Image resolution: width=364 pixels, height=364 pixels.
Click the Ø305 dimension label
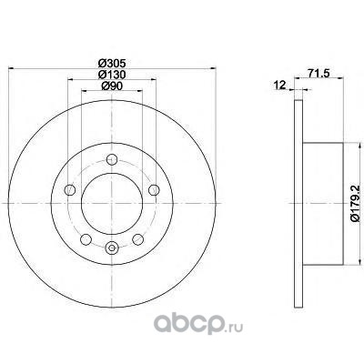pyautogui.click(x=112, y=64)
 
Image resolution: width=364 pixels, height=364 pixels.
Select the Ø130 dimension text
pyautogui.click(x=112, y=75)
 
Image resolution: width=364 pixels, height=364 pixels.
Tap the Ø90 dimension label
pyautogui.click(x=112, y=86)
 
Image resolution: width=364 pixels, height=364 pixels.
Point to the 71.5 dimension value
pyautogui.click(x=318, y=74)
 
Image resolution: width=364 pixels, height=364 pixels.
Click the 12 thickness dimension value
pyautogui.click(x=279, y=86)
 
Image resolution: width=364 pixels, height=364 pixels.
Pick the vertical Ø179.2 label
pyautogui.click(x=356, y=203)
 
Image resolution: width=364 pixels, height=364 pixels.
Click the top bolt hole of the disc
pyautogui.click(x=112, y=159)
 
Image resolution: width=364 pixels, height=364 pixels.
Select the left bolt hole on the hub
pyautogui.click(x=70, y=190)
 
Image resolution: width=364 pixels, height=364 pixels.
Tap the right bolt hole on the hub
pyautogui.click(x=154, y=190)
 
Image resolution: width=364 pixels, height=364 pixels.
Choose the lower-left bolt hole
pyautogui.click(x=86, y=239)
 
